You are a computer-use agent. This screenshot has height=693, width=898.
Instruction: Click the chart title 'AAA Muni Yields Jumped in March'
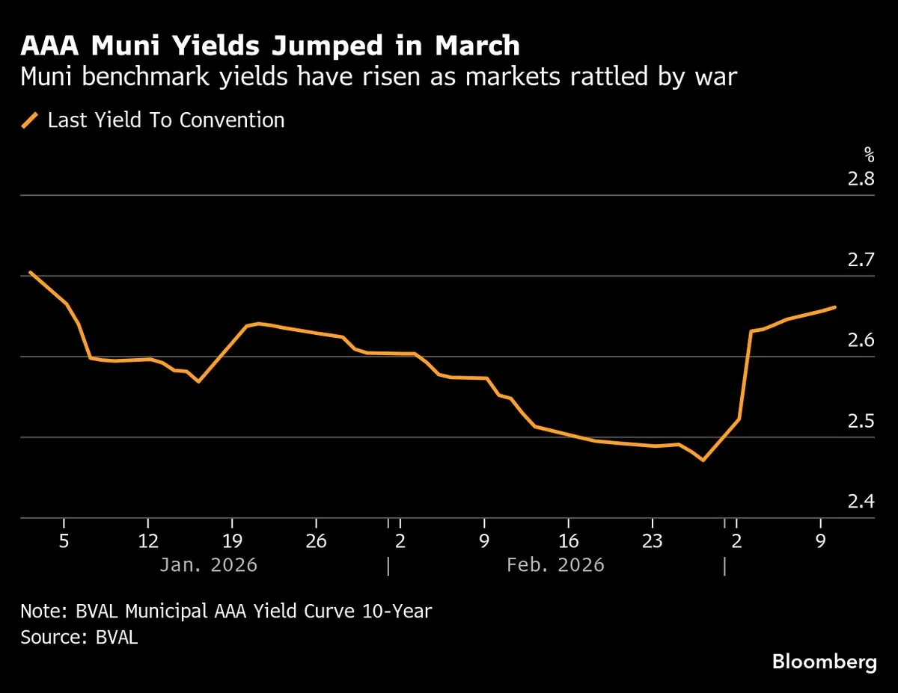coord(269,46)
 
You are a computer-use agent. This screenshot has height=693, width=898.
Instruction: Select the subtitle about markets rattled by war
coord(380,77)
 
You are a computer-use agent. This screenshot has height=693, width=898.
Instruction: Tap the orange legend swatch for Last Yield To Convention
coord(30,120)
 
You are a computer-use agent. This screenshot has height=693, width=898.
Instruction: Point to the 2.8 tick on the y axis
coord(861,179)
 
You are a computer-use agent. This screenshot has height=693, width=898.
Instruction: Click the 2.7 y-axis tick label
coord(861,260)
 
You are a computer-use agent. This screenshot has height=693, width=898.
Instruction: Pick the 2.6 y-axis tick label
coord(861,341)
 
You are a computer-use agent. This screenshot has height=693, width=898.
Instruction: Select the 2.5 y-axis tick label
coord(861,421)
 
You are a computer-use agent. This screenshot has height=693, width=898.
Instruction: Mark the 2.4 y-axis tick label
coord(861,502)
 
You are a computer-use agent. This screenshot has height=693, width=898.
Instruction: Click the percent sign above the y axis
coord(869,155)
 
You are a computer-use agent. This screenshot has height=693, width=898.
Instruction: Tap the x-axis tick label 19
coord(232,541)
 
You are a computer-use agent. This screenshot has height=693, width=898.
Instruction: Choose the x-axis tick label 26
coord(316,541)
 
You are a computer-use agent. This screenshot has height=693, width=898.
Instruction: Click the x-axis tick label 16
coord(569,541)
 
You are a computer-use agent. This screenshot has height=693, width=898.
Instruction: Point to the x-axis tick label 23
coord(653,541)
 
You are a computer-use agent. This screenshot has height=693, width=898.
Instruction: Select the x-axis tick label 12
coord(148,541)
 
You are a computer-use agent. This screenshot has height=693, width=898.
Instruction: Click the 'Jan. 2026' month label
coord(208,564)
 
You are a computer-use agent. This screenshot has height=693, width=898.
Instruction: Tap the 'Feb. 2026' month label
coord(555,564)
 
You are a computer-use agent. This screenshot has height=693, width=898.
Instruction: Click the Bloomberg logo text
coord(824,662)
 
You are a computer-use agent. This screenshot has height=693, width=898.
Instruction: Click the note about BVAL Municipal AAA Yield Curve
coord(226,611)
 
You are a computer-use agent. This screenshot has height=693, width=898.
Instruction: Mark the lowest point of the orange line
coord(703,460)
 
